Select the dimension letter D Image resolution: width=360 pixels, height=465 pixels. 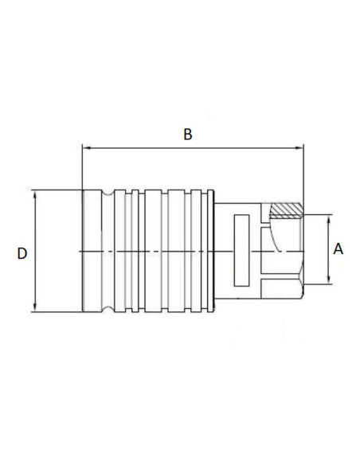coord(22,253)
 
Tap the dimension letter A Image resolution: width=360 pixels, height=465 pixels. coord(338,249)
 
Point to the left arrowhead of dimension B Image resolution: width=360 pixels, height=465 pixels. coord(86,147)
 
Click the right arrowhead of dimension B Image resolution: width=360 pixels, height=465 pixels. coord(300,147)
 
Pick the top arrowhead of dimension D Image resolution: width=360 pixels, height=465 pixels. coord(35,193)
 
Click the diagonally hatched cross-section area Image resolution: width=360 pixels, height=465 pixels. coord(286,210)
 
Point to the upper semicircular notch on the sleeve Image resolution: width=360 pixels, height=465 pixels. coord(108,194)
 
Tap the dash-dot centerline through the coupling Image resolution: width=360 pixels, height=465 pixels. coord(159,252)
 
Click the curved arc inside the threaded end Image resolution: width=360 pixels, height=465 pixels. coord(275,239)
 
